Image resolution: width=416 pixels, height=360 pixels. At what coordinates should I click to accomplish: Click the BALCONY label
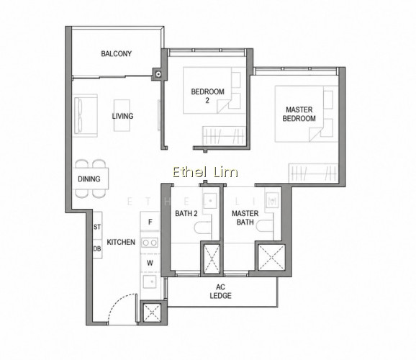(116, 53)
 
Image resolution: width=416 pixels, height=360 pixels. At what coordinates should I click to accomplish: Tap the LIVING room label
(122, 116)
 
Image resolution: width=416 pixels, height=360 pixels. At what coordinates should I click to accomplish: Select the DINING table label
(89, 179)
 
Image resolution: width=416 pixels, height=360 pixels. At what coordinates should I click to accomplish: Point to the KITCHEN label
(121, 242)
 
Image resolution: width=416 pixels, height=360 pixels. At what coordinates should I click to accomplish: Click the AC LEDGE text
(220, 291)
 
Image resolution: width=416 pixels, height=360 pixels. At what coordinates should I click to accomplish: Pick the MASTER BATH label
(245, 217)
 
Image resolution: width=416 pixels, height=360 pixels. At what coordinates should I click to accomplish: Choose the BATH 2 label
(186, 213)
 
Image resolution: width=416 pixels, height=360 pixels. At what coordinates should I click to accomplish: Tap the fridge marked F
(150, 222)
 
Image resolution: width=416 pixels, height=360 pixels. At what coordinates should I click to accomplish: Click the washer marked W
(150, 263)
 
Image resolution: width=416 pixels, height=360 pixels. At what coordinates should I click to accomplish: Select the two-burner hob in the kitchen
(150, 243)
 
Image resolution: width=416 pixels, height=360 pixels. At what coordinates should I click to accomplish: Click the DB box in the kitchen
(97, 249)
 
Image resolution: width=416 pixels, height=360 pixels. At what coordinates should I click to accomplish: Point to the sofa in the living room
(85, 115)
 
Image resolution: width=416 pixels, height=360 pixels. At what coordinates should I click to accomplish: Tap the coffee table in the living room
(122, 115)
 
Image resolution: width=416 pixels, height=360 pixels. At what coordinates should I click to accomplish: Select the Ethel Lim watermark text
(205, 172)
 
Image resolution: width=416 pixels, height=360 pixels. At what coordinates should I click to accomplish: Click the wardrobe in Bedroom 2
(224, 135)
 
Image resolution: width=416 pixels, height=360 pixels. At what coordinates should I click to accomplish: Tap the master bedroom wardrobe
(313, 173)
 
